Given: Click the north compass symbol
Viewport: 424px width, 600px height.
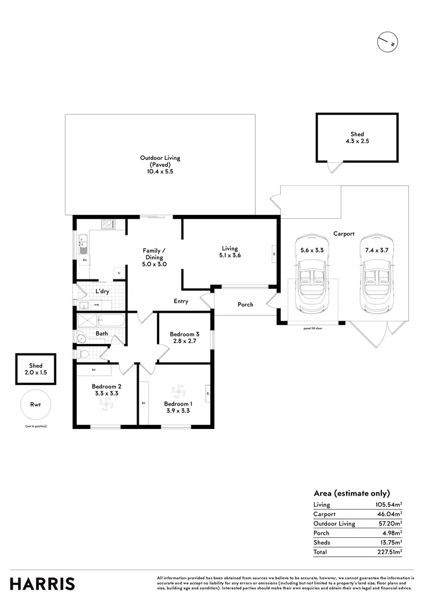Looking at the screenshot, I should [388, 43].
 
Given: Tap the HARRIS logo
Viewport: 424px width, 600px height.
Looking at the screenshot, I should [42, 583].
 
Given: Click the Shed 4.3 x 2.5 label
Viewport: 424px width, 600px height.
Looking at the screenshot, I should [357, 138].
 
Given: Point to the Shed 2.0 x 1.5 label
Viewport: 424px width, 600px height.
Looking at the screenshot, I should [36, 369].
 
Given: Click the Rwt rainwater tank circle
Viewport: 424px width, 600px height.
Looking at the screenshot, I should [36, 405].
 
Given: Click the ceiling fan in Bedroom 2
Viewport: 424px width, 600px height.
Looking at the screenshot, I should [104, 408].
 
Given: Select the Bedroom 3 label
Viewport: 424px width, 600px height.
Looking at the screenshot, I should [184, 337].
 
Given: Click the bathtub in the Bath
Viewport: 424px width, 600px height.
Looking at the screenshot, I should [112, 321].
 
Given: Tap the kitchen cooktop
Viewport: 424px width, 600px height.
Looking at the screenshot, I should [108, 224].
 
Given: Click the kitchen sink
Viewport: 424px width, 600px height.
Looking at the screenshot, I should [84, 242].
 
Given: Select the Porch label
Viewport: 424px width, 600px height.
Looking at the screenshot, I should [245, 304].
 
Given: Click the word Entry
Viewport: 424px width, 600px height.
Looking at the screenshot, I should [181, 302].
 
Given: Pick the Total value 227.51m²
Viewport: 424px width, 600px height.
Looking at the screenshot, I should [388, 552].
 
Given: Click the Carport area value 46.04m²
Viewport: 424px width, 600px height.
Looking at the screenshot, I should [388, 514].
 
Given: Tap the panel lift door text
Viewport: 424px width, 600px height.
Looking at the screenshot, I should [314, 328].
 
